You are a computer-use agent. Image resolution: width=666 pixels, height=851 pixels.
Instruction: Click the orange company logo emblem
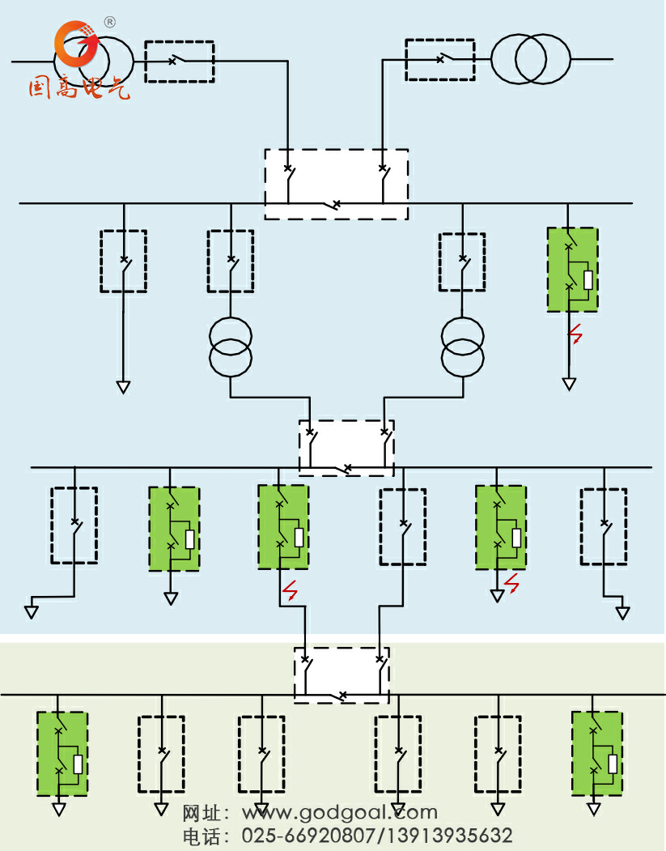74,45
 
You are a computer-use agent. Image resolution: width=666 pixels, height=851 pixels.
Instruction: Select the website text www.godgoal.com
340,812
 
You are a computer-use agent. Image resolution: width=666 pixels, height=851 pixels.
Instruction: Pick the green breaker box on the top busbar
572,270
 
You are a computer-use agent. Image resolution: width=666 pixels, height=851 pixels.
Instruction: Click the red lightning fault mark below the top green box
575,333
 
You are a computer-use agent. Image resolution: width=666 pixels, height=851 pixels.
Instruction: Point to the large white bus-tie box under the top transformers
336,184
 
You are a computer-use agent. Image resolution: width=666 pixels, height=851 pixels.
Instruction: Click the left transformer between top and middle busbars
231,347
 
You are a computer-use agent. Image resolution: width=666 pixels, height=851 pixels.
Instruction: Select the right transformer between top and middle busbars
462,347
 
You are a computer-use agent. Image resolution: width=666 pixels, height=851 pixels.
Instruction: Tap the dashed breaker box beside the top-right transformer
439,60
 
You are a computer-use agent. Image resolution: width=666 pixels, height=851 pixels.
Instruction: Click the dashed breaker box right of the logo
179,62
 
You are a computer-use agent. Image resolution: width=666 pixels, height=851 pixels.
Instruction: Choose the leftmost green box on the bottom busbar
62,753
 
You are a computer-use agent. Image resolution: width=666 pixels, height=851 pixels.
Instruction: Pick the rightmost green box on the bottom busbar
596,753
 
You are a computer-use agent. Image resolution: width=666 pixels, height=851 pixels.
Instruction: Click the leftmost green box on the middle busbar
173,529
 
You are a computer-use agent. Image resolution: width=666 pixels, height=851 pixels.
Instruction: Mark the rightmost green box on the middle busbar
500,528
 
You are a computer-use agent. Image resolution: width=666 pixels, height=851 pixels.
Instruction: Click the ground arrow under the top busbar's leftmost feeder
123,387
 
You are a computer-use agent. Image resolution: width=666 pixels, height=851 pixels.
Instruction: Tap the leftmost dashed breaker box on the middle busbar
74,525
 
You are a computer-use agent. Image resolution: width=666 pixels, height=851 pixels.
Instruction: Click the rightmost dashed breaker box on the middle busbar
603,526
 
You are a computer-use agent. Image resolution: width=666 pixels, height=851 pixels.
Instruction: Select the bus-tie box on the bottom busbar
341,674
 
